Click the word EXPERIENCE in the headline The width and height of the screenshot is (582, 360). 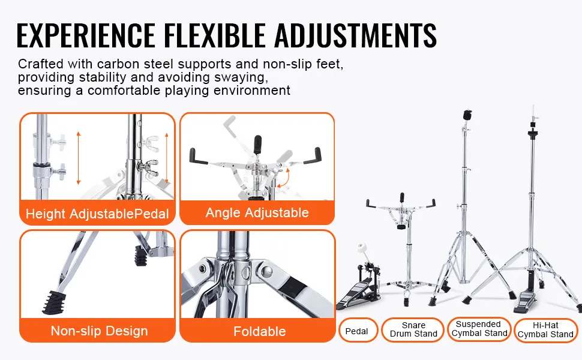coord(86,35)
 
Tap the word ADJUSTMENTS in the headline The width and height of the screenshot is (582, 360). coord(356,35)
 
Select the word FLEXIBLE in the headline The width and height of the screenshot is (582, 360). coord(215,35)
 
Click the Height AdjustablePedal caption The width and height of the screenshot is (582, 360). coord(97,214)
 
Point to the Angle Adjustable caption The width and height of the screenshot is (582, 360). coord(257,212)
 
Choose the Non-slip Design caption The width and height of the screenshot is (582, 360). coord(99,331)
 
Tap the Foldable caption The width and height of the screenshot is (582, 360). coord(259,331)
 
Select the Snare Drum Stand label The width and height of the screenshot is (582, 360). coord(413,329)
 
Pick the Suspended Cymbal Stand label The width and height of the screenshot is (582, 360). coord(479,329)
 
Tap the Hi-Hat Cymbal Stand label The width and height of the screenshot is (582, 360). coord(545,330)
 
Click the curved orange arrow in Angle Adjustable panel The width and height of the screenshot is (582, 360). coord(284,179)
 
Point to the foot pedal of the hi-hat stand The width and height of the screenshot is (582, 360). coord(525,302)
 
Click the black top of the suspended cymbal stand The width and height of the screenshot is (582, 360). coord(467,115)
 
